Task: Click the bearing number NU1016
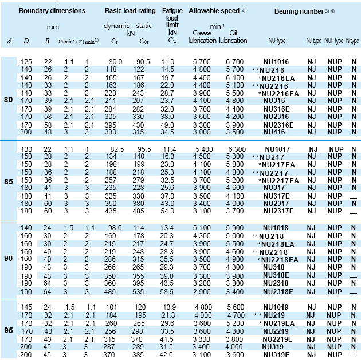tap(275, 61)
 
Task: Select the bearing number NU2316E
tap(278, 125)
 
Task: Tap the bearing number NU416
tap(275, 132)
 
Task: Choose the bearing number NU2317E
tap(278, 211)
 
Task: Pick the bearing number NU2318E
tap(278, 291)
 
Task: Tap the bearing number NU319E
tap(277, 354)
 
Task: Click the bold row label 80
tap(9, 101)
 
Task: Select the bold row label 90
tap(9, 259)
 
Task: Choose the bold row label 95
tap(9, 331)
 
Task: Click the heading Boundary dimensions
tap(52, 11)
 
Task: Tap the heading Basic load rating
tap(130, 11)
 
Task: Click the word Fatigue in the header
tap(172, 11)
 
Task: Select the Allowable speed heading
tap(213, 11)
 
